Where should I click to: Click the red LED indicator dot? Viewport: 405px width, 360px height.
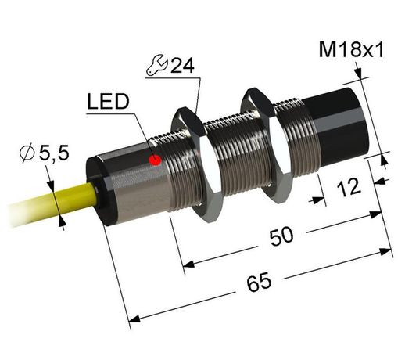click(x=155, y=161)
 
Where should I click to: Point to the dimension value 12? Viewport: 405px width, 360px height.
click(x=350, y=188)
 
